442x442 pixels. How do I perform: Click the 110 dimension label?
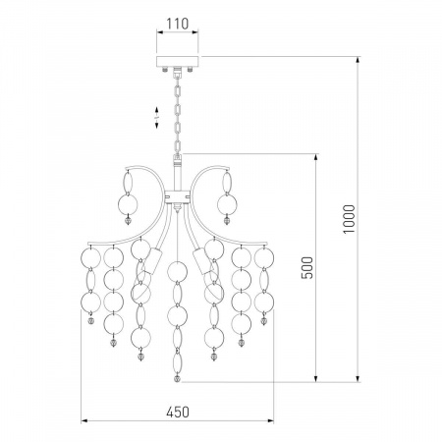[178, 24]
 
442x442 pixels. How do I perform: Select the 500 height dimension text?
[307, 267]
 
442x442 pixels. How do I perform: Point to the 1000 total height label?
[349, 219]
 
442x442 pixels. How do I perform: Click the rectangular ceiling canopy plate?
[178, 62]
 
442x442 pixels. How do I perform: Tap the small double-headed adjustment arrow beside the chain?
[157, 117]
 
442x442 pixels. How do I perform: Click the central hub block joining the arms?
[177, 197]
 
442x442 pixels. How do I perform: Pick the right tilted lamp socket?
[201, 261]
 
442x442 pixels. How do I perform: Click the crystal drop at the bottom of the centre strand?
[177, 378]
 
